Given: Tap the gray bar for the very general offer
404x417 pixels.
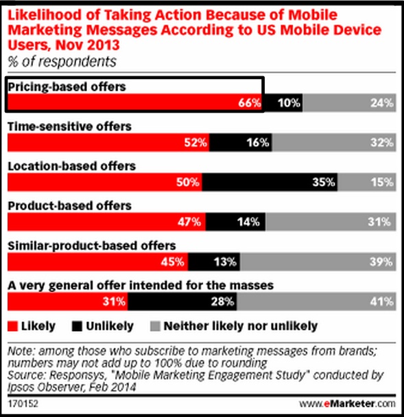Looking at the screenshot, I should coord(317,302).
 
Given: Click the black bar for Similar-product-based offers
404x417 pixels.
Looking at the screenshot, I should coord(213,262).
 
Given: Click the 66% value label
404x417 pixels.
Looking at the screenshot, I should coord(250,104).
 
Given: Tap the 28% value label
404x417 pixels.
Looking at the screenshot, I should coord(224,302).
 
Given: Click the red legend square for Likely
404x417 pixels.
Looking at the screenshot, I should coord(12,326).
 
